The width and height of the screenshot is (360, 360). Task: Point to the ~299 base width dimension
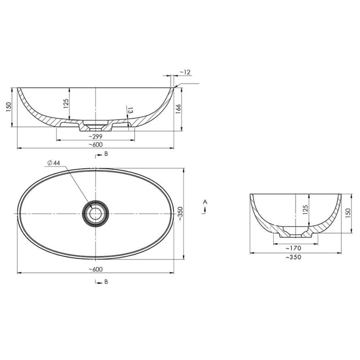pyautogui.click(x=95, y=136)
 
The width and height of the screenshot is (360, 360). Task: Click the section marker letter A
pyautogui.click(x=205, y=202)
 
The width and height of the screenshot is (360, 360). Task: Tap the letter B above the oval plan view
pyautogui.click(x=106, y=154)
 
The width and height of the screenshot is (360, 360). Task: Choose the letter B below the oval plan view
pyautogui.click(x=106, y=282)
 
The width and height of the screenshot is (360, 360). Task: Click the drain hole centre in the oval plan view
pyautogui.click(x=96, y=213)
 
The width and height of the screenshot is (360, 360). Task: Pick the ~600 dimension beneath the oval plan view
pyautogui.click(x=95, y=269)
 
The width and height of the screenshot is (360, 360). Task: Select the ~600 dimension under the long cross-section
pyautogui.click(x=95, y=144)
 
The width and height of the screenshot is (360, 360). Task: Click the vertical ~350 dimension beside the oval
pyautogui.click(x=180, y=214)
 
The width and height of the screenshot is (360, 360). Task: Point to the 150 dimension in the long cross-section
pyautogui.click(x=9, y=106)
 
